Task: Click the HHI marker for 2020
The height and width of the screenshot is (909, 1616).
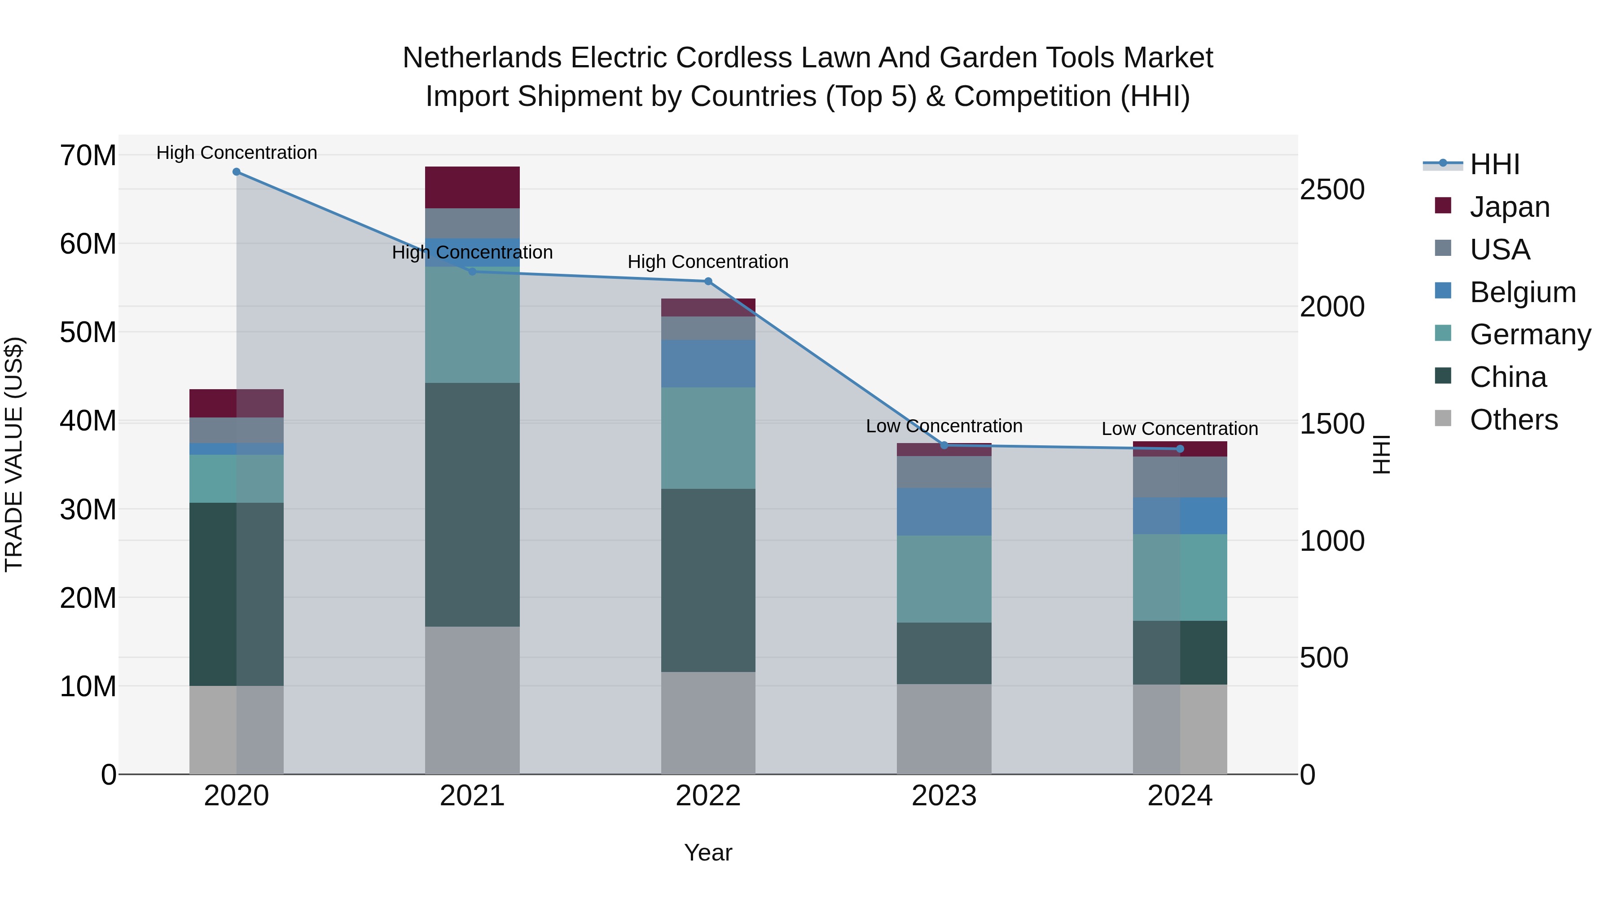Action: coord(237,172)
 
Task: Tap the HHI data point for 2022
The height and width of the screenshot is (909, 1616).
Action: coord(708,281)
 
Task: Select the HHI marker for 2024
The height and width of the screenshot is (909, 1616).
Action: coord(1180,448)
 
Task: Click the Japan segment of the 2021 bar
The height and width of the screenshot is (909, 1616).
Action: coord(472,187)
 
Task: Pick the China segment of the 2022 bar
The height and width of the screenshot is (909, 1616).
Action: coord(708,580)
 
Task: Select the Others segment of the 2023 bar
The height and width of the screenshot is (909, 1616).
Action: coord(944,729)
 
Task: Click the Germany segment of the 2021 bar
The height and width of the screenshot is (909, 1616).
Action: coord(472,325)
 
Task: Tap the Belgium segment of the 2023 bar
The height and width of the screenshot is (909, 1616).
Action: coord(944,511)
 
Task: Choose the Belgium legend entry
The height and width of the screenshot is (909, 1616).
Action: coord(1523,292)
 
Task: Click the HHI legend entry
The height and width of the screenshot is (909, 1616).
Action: coord(1494,164)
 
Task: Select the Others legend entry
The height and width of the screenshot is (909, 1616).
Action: coord(1513,420)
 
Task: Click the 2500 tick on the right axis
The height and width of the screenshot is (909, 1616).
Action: coord(1332,189)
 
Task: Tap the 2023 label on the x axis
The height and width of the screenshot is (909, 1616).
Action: coord(944,796)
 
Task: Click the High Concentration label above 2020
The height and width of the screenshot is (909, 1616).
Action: coord(237,153)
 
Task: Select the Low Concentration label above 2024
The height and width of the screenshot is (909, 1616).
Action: coord(1180,429)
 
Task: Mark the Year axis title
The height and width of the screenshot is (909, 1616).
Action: coord(708,852)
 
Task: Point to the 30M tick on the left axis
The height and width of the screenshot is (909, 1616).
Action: coord(88,509)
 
